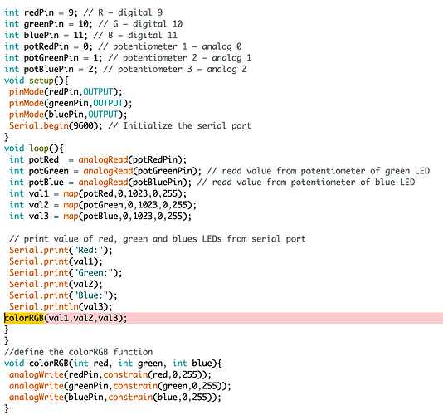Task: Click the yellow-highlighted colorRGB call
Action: pos(24,318)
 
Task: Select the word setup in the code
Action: pos(41,81)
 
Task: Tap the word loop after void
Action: pos(39,148)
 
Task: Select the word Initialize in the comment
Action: pos(148,125)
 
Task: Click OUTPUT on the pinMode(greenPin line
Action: pos(108,103)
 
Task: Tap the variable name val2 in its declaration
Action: pos(39,205)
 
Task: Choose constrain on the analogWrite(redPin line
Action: pos(125,374)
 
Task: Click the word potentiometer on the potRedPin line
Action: pos(145,46)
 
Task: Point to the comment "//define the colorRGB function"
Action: pos(78,352)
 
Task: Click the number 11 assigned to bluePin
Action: pos(78,35)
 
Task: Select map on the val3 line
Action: pos(71,217)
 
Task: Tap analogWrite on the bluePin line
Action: pos(37,398)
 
